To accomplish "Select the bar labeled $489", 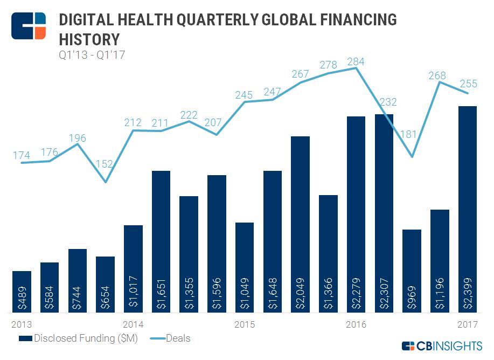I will coord(22,292).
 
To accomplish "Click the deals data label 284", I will coord(356,61).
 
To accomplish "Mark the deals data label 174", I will coord(22,155).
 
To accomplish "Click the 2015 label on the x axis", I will coord(245,324).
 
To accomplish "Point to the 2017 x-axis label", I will coord(467,324).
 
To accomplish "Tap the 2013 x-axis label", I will coord(22,324).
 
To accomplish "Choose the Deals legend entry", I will coord(168,338).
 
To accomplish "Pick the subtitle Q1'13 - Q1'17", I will coord(92,54).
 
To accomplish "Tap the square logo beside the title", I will coord(29,24).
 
